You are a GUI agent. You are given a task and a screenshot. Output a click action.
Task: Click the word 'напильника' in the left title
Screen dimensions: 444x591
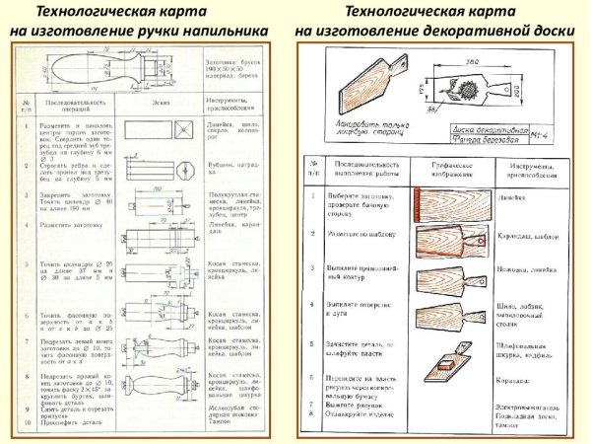point(232,31)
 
